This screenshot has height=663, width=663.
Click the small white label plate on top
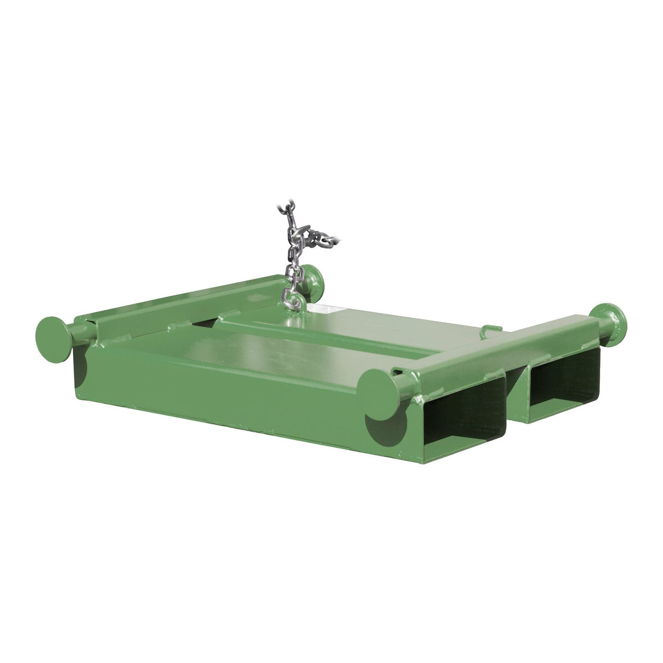[x=333, y=309]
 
